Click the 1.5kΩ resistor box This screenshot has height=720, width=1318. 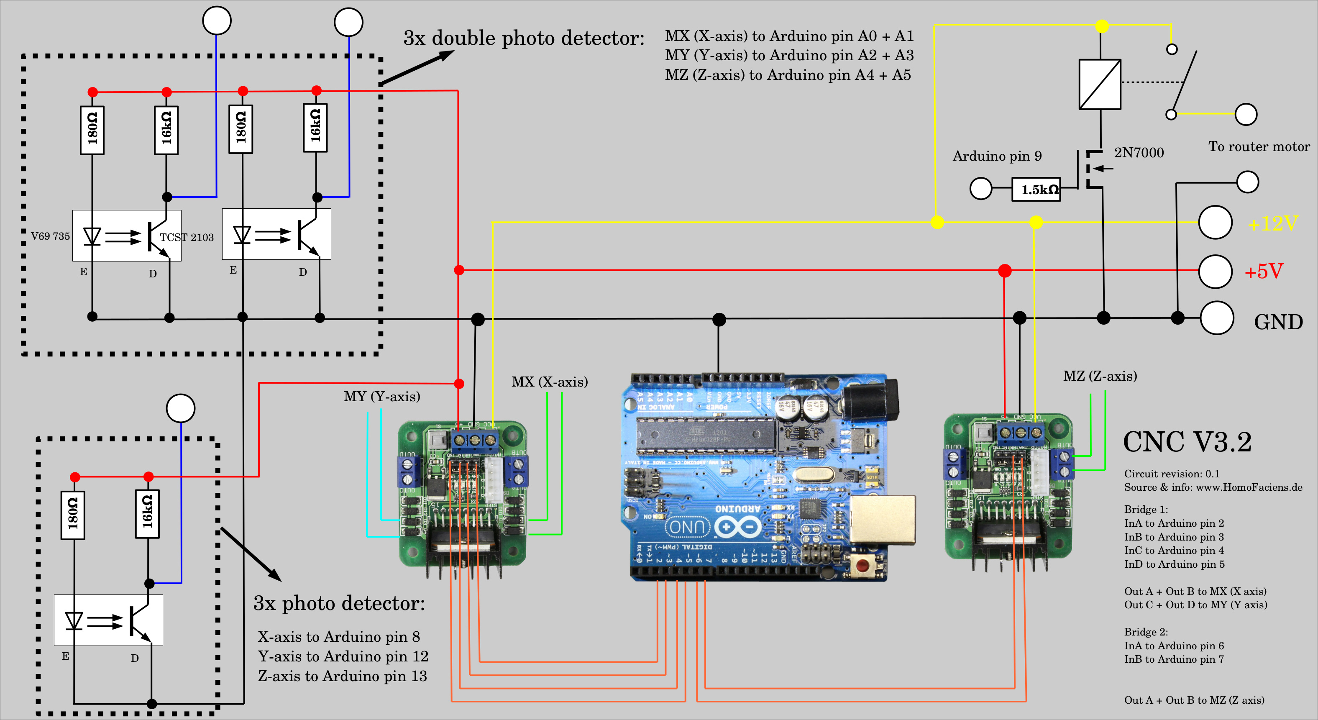pyautogui.click(x=1036, y=190)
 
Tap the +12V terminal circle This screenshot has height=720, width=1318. pyautogui.click(x=1215, y=222)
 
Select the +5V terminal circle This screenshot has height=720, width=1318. pyautogui.click(x=1215, y=271)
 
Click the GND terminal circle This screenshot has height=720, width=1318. pyautogui.click(x=1216, y=318)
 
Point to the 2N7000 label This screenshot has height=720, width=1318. pyautogui.click(x=1139, y=153)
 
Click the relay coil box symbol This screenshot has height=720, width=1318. pyautogui.click(x=1100, y=85)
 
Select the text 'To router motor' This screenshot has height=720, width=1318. pyautogui.click(x=1259, y=147)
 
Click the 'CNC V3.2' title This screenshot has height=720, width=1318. pyautogui.click(x=1187, y=442)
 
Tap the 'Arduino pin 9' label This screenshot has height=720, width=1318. pyautogui.click(x=997, y=156)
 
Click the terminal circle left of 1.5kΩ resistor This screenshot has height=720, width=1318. pyautogui.click(x=981, y=188)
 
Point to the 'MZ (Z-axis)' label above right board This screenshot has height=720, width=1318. pyautogui.click(x=1100, y=376)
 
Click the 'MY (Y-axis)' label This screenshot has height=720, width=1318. pyautogui.click(x=382, y=397)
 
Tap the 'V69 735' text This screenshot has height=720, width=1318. pyautogui.click(x=50, y=236)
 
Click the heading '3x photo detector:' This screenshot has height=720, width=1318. pyautogui.click(x=339, y=603)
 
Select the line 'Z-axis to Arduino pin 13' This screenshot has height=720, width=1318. pyautogui.click(x=342, y=676)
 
